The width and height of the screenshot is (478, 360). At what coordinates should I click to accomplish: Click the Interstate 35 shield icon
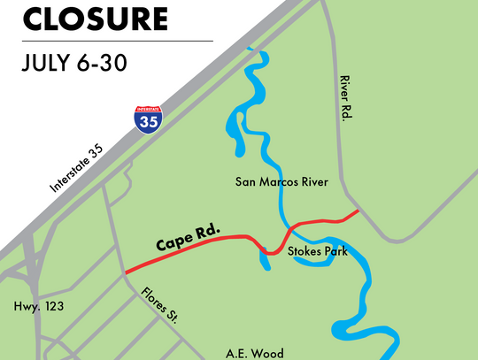tap(149, 120)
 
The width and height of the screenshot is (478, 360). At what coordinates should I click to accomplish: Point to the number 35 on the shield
tap(149, 124)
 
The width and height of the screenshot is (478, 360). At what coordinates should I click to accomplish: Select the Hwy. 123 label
tap(35, 308)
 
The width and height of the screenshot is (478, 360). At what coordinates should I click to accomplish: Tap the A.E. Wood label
tap(253, 352)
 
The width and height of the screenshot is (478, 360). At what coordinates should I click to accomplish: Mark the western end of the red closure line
tap(126, 272)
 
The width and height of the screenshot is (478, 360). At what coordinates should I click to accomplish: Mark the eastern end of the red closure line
tap(357, 211)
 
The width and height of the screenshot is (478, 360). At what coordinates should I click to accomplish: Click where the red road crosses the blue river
tap(289, 228)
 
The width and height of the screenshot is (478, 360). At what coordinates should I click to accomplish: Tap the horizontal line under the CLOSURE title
tap(106, 40)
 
